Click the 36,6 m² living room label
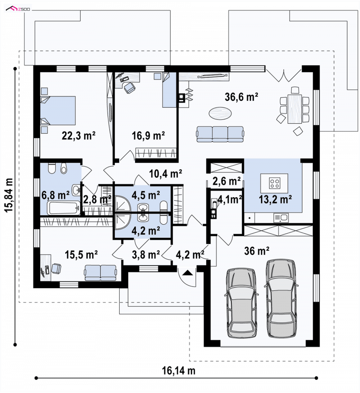(x=241, y=97)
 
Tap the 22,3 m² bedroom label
(x=78, y=136)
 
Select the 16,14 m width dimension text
(x=179, y=370)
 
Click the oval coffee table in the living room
(x=220, y=113)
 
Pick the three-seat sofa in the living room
(x=220, y=134)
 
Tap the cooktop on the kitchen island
(x=274, y=183)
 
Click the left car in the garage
(x=242, y=304)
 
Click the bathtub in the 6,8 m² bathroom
(x=63, y=208)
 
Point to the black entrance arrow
(x=188, y=272)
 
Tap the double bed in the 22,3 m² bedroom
(x=58, y=111)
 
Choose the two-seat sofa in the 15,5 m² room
(x=100, y=273)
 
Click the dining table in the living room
(x=295, y=109)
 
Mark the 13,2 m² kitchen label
(x=275, y=200)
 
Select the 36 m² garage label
(x=256, y=251)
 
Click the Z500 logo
(x=18, y=9)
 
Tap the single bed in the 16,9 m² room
(x=170, y=90)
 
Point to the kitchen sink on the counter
(x=281, y=218)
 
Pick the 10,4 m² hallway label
(x=165, y=173)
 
